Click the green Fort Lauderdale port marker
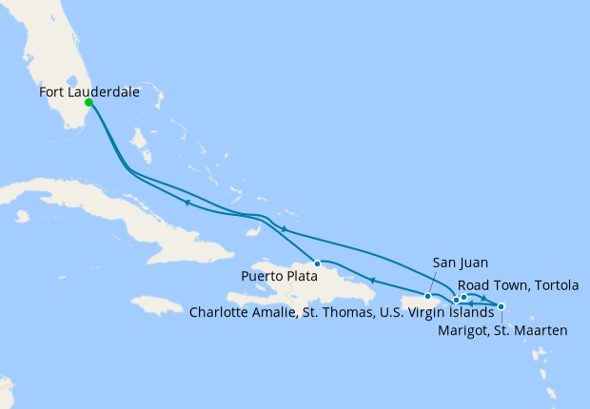click(x=88, y=102)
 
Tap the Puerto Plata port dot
click(x=317, y=263)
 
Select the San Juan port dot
click(x=428, y=297)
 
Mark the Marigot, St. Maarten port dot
click(x=501, y=306)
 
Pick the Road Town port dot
click(x=464, y=297)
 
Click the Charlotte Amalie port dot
click(x=457, y=301)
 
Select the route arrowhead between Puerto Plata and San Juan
click(x=372, y=280)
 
